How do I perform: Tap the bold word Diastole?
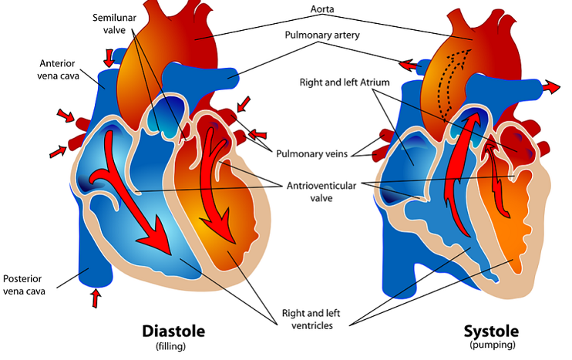[173, 331]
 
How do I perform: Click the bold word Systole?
[491, 331]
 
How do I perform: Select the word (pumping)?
[491, 346]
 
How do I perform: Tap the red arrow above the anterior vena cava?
[109, 56]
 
